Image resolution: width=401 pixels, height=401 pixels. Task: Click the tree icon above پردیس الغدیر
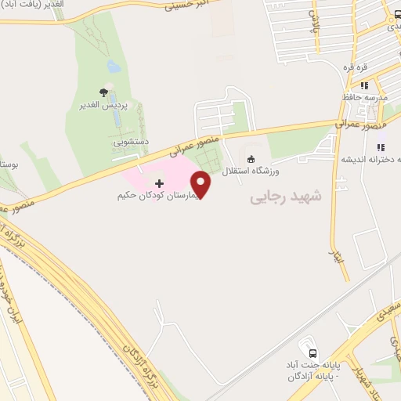click(x=103, y=92)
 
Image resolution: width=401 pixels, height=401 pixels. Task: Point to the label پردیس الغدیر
click(x=99, y=104)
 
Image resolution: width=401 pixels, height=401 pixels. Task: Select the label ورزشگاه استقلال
click(x=254, y=170)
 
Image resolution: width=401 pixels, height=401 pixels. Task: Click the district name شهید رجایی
click(x=286, y=197)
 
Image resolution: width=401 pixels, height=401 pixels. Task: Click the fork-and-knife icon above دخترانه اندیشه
click(x=381, y=146)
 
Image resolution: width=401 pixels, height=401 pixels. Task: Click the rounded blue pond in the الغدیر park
click(x=114, y=67)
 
